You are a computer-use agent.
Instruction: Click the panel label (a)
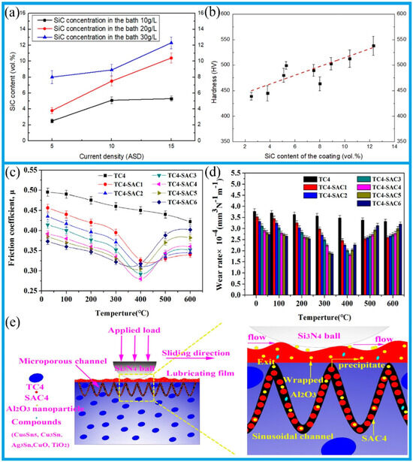coord(15,13)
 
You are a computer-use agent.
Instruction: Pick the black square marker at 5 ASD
coord(52,121)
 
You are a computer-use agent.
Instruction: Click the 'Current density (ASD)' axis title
coord(111,156)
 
